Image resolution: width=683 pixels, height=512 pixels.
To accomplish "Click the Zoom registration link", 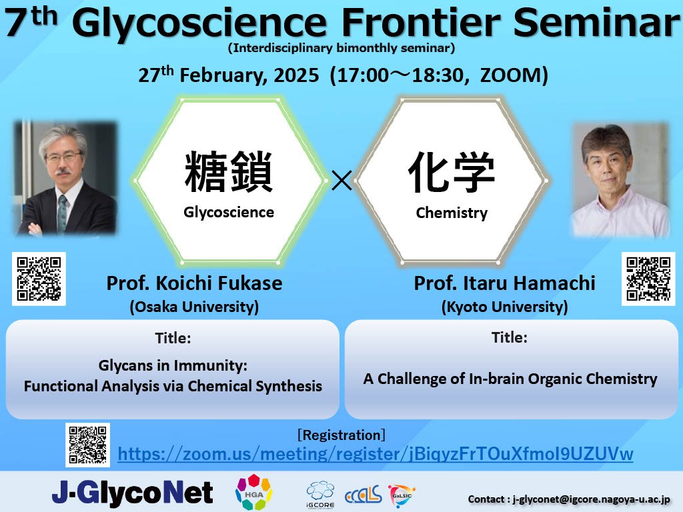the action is (375, 454).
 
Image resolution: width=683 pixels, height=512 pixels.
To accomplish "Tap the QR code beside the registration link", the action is (87, 445).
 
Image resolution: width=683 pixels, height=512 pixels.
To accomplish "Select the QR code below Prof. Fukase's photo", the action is (39, 279).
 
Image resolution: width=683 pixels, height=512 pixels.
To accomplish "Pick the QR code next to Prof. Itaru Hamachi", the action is (648, 279).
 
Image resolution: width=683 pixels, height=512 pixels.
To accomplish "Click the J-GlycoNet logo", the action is (133, 493).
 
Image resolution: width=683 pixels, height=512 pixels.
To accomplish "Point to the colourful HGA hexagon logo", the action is (253, 492).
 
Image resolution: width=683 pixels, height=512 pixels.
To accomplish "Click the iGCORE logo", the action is (321, 495).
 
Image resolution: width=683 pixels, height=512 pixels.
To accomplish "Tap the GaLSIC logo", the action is (401, 495).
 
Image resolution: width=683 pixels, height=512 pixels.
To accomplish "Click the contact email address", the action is (591, 499).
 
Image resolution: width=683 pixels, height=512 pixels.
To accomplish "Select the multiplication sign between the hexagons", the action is (341, 180).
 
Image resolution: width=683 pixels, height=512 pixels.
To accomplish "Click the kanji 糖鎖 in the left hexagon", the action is (229, 172).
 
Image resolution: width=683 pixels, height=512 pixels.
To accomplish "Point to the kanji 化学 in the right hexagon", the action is (452, 172).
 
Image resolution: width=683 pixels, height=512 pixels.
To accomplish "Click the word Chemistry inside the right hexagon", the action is (452, 213).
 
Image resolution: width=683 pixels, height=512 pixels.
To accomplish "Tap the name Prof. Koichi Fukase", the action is (194, 283).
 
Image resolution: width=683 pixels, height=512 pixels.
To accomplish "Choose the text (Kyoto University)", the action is (504, 307).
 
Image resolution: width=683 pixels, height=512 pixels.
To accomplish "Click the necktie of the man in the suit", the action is (62, 213).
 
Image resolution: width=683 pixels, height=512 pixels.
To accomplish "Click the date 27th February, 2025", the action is (229, 75).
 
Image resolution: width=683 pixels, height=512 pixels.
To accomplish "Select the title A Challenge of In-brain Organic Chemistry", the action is (510, 379).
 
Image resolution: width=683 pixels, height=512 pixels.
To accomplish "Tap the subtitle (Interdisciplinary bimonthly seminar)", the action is (341, 48).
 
